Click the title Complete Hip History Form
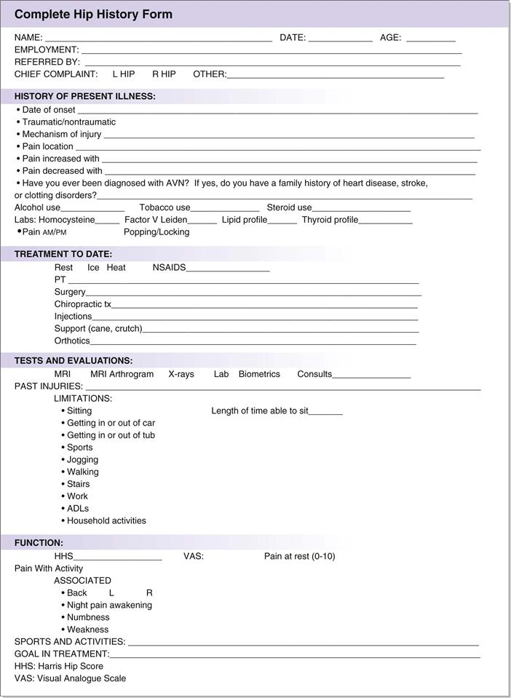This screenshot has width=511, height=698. pos(93,15)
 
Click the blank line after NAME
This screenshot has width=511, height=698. pos(158,38)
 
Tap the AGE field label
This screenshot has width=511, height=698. pos(390,37)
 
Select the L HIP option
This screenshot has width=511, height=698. pos(123,74)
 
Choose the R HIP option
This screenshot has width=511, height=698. pos(164,74)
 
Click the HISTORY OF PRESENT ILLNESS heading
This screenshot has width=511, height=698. pos(84,96)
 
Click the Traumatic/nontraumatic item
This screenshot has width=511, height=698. pos(68,122)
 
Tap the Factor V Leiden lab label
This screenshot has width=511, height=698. pos(156,220)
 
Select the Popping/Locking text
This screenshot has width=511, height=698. pos(157,232)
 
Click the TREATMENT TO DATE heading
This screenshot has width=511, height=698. pos(63,254)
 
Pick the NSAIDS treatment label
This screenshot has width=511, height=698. pos(169,268)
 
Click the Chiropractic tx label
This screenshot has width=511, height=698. pos(82,304)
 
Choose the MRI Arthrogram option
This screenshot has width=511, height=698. pos(122,374)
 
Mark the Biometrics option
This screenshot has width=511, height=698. pos(259,374)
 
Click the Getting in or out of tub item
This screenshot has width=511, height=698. pos(111,435)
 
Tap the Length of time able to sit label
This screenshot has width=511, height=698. pos(260,411)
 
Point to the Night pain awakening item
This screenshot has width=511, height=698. pos(109,605)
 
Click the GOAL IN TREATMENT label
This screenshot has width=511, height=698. pos(61,654)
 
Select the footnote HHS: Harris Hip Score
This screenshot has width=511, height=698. pos(59,666)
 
